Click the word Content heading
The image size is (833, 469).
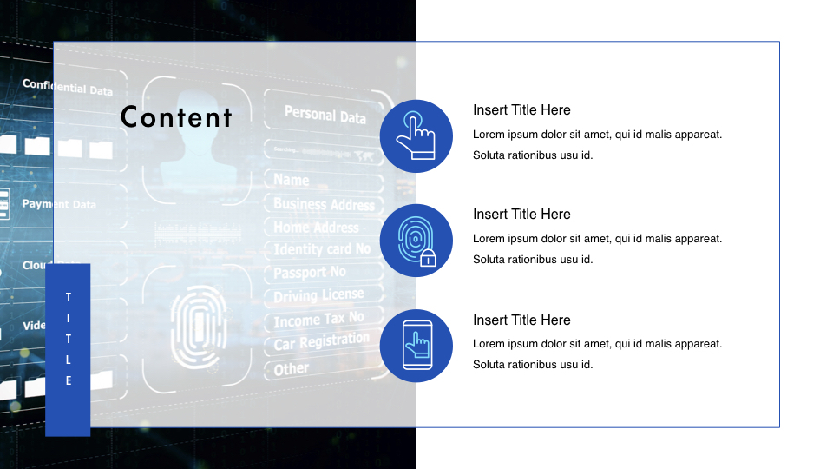pos(176,117)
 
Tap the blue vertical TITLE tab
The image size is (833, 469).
pos(68,349)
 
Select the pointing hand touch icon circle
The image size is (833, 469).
pos(416,136)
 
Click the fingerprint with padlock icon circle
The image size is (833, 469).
pos(416,241)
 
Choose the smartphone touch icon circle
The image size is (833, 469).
pos(416,346)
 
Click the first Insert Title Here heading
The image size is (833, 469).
pos(521,110)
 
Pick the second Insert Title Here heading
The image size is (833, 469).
pos(521,215)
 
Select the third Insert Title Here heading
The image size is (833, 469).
pos(521,320)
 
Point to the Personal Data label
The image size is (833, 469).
pos(325,114)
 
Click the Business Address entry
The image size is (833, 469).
pos(324,205)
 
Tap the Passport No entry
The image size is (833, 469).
pos(310,273)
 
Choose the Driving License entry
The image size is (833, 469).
pos(318,296)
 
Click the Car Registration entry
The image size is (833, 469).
pos(321,342)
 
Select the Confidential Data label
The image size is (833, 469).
pos(67,87)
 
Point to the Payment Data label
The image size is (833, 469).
pos(59,204)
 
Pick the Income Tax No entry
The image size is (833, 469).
pos(318,320)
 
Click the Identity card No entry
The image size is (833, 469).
pos(322,250)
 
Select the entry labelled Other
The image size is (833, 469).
pos(292,368)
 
